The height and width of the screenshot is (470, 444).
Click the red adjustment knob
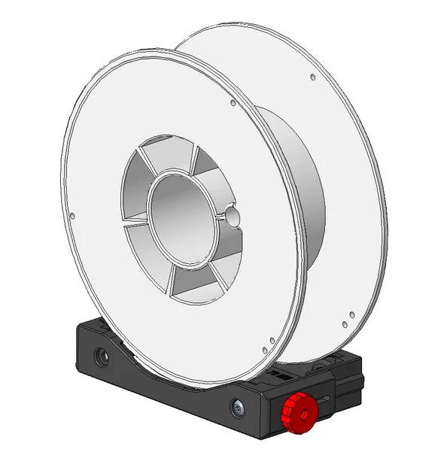tap(297, 413)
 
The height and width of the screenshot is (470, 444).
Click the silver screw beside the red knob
tap(239, 408)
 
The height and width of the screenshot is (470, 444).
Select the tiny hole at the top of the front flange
tap(233, 103)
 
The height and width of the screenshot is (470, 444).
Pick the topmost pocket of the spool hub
tap(167, 155)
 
